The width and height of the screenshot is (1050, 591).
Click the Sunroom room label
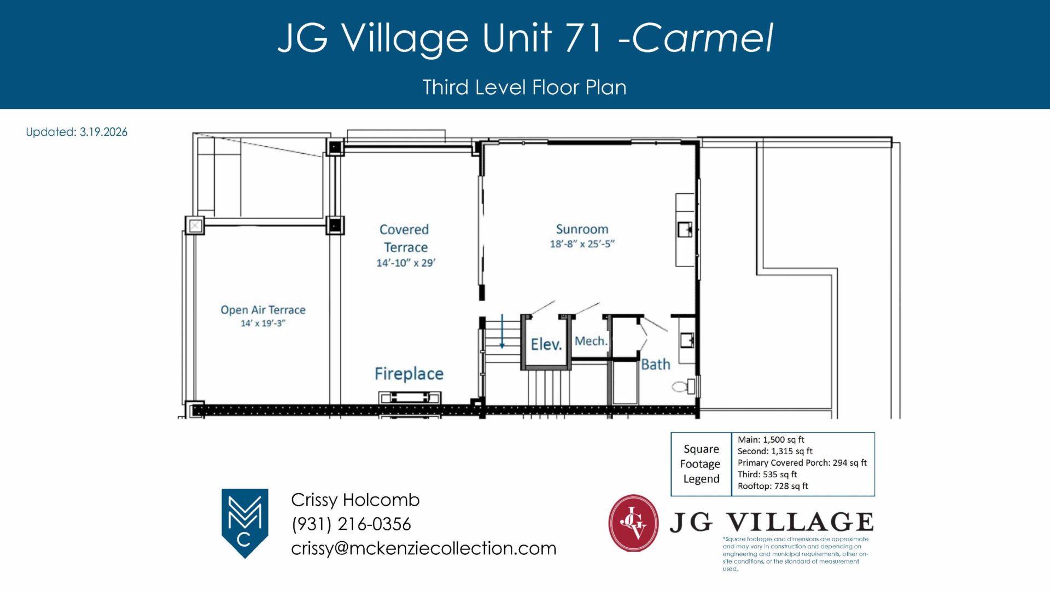coord(582,229)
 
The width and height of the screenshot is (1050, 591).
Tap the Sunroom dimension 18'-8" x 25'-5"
coord(582,244)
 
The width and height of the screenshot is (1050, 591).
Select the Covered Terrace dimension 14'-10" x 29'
coord(406,263)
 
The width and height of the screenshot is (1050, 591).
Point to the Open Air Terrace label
coord(263,310)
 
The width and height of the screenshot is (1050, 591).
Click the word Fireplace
coord(409,374)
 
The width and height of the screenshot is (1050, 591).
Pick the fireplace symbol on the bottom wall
coord(410,398)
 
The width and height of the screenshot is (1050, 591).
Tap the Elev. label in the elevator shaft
coord(546,344)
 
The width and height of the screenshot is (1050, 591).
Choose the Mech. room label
coord(591,341)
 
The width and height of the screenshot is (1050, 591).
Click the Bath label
coord(656,364)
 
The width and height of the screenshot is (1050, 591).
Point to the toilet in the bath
coord(683,386)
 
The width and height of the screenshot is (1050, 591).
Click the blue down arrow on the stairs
coord(502,332)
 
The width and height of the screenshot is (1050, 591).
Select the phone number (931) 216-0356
coord(351,524)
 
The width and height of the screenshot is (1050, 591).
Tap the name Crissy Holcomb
coord(355,500)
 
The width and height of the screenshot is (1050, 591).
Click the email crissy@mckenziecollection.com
coord(424,548)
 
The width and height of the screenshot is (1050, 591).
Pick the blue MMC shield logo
coord(244,523)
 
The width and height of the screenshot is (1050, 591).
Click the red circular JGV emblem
coord(633,523)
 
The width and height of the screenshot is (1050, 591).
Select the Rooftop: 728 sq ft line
coord(773,486)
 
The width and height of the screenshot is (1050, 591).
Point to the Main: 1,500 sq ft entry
coord(771,439)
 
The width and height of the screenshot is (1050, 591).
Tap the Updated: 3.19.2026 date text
coord(77,132)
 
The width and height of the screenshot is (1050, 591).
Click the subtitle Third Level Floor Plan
coord(524,88)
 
